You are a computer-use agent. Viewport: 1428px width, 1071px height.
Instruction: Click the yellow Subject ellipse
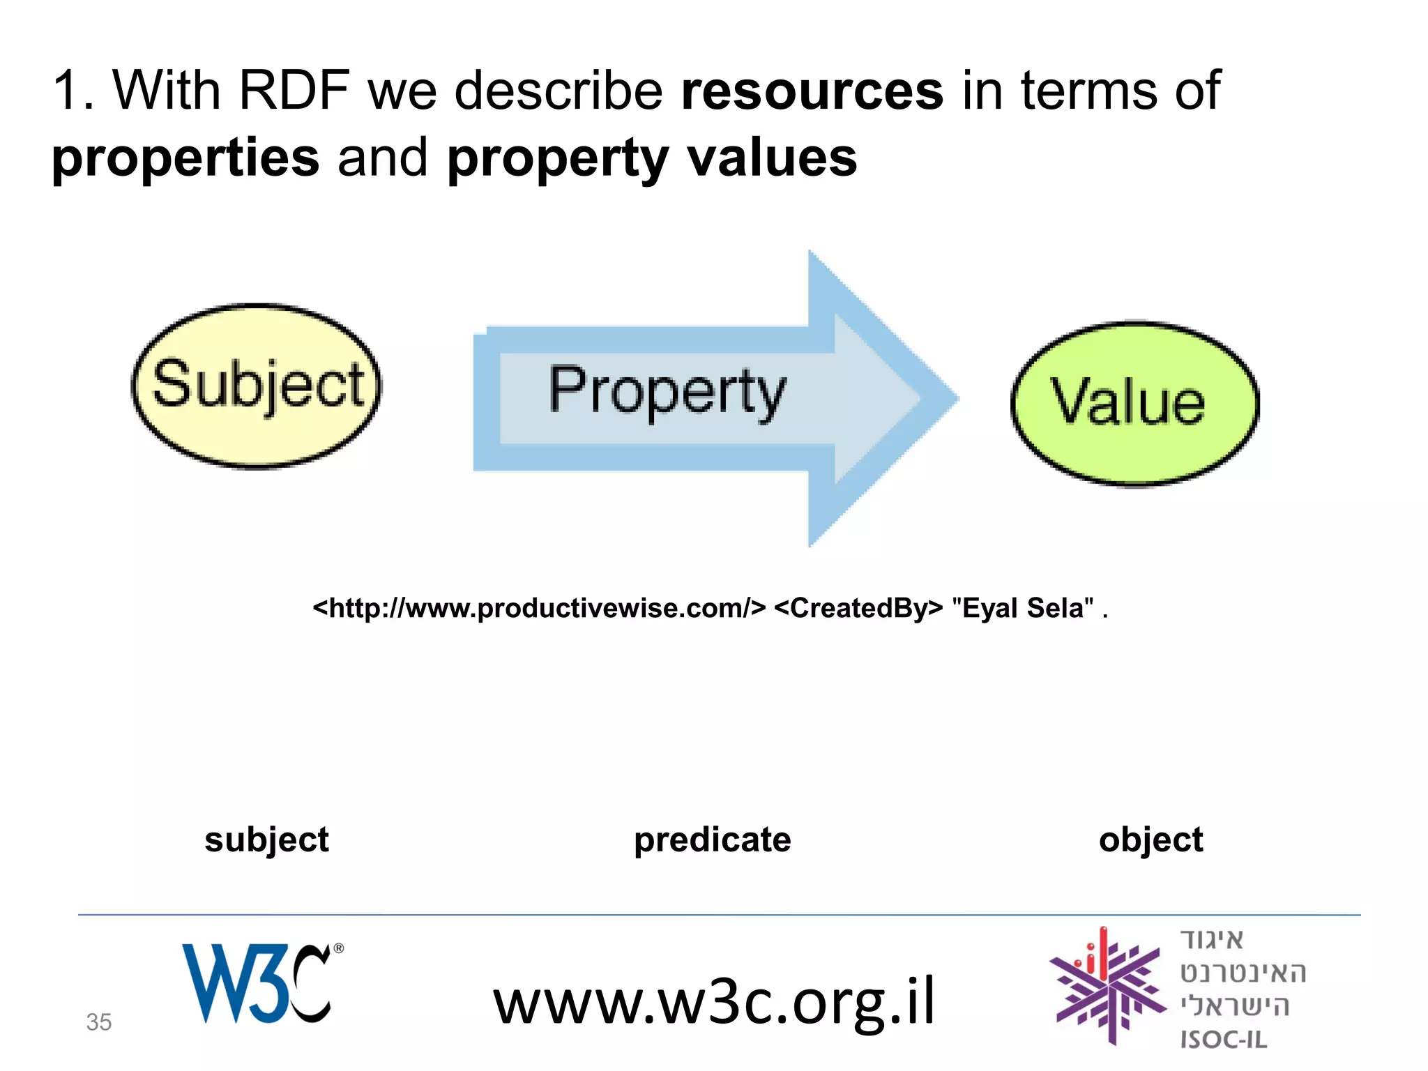coord(257,386)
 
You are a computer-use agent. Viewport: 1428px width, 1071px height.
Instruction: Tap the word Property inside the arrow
coord(667,392)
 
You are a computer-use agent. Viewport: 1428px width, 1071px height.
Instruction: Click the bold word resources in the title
coord(812,91)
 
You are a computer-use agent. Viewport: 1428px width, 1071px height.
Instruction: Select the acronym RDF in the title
coord(294,91)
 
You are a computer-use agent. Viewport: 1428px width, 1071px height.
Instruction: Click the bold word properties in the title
coord(185,158)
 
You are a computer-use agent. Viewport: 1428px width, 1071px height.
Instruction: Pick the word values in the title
coord(773,158)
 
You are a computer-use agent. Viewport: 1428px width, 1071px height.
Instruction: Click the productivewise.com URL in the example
coord(539,608)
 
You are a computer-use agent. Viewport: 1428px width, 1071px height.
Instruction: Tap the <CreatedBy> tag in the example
coord(858,608)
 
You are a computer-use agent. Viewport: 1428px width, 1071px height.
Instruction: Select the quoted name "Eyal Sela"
coord(1022,608)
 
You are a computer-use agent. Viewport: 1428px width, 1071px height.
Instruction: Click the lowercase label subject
coord(266,840)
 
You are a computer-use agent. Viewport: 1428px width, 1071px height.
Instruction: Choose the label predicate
coord(712,840)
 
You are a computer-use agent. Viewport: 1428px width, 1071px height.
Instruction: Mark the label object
coord(1150,840)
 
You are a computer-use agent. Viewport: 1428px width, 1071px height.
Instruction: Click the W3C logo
coord(259,983)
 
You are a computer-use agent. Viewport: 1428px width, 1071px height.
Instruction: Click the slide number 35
coord(98,1022)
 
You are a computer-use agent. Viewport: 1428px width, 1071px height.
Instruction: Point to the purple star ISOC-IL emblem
coord(1107,987)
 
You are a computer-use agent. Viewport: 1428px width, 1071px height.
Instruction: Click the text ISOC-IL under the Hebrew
coord(1223,1040)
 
